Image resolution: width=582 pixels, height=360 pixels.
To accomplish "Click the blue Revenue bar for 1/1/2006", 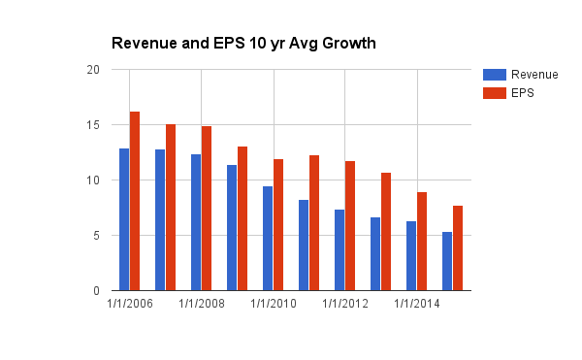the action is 124,219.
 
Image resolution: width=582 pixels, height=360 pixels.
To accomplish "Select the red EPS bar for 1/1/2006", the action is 135,201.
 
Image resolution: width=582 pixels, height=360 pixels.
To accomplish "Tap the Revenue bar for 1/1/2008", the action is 196,222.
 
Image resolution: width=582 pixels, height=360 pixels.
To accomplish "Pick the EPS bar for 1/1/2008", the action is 207,209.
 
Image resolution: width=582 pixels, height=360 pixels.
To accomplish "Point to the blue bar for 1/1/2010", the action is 268,239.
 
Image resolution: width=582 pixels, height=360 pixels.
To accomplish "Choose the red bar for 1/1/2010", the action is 278,224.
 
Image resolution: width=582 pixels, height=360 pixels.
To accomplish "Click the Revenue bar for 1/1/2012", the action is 339,249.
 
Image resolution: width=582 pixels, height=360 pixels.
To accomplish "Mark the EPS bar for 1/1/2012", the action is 350,226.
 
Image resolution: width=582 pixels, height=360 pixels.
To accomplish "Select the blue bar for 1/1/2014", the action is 411,256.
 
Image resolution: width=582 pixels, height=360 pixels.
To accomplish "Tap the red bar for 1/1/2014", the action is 422,242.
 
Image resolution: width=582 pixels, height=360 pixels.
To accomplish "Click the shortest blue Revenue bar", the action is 447,261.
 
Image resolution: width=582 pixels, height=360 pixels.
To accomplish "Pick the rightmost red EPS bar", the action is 458,247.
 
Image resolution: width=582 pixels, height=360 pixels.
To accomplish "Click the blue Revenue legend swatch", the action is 495,75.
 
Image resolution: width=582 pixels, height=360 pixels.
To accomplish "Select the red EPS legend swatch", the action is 495,93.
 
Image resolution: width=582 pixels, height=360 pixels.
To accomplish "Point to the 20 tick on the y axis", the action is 93,70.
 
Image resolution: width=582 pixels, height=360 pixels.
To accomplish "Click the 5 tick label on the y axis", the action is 96,235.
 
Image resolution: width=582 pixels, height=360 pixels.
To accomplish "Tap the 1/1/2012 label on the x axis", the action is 344,304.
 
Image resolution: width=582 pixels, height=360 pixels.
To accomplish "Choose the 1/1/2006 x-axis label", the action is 130,304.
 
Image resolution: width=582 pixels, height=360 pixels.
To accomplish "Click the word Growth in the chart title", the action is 349,44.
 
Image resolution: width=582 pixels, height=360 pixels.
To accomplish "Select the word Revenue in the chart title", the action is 145,44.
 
